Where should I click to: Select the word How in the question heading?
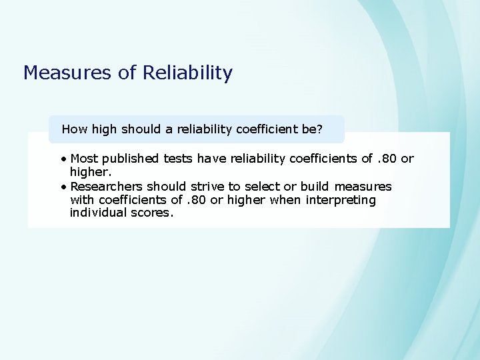(75, 129)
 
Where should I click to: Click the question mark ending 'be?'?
(320, 129)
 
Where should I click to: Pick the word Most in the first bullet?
(83, 159)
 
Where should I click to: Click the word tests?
(179, 159)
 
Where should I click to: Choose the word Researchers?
(106, 187)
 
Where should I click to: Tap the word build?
(315, 187)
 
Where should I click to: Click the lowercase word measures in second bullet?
(363, 187)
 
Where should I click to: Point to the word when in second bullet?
(283, 200)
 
